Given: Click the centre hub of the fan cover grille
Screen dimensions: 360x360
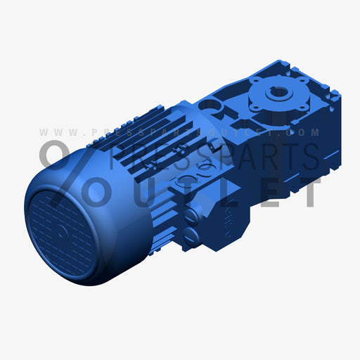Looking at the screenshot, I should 62,231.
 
